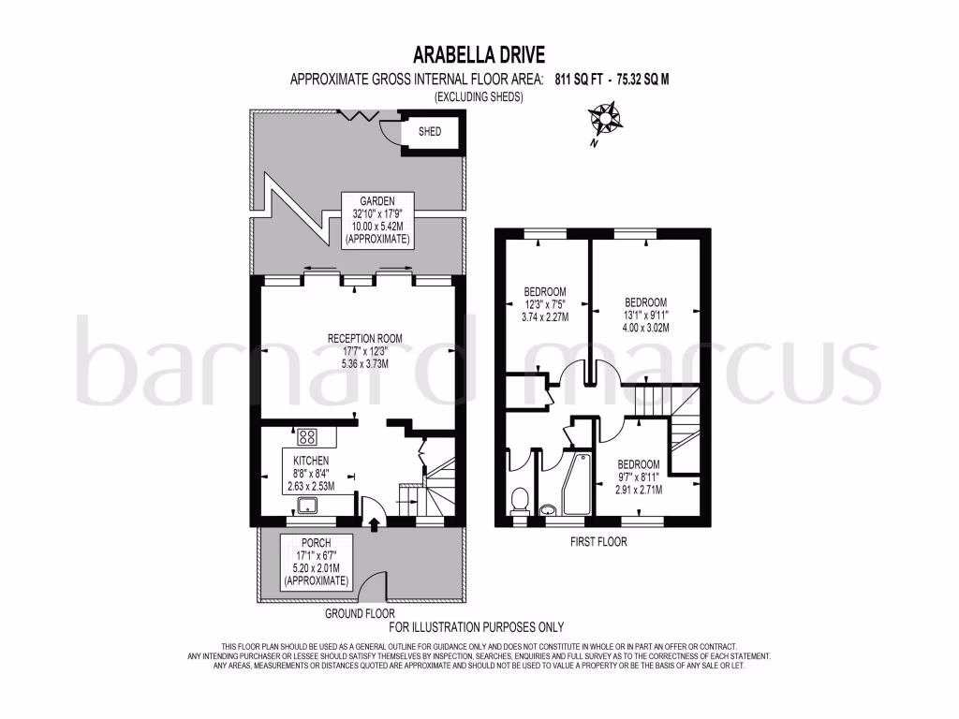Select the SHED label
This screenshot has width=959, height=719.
coord(429,132)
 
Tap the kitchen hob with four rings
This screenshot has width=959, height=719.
coord(307,436)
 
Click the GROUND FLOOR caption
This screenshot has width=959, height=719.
coord(360,614)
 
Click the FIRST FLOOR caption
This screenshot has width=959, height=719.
coord(598,542)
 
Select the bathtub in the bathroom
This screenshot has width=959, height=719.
coord(573,484)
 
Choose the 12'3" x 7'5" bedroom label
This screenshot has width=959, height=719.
coord(544,303)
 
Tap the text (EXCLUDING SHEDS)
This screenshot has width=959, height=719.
coord(478,96)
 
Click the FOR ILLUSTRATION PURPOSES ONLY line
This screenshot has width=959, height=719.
coord(477,627)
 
